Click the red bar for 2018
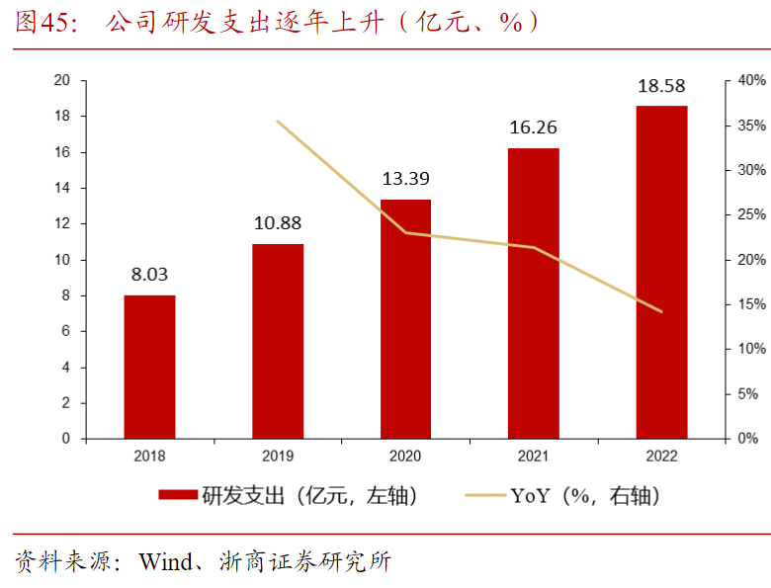point(149,367)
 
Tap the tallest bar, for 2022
point(661,272)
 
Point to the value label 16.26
point(534,126)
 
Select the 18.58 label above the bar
point(661,85)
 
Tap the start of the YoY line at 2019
point(278,122)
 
